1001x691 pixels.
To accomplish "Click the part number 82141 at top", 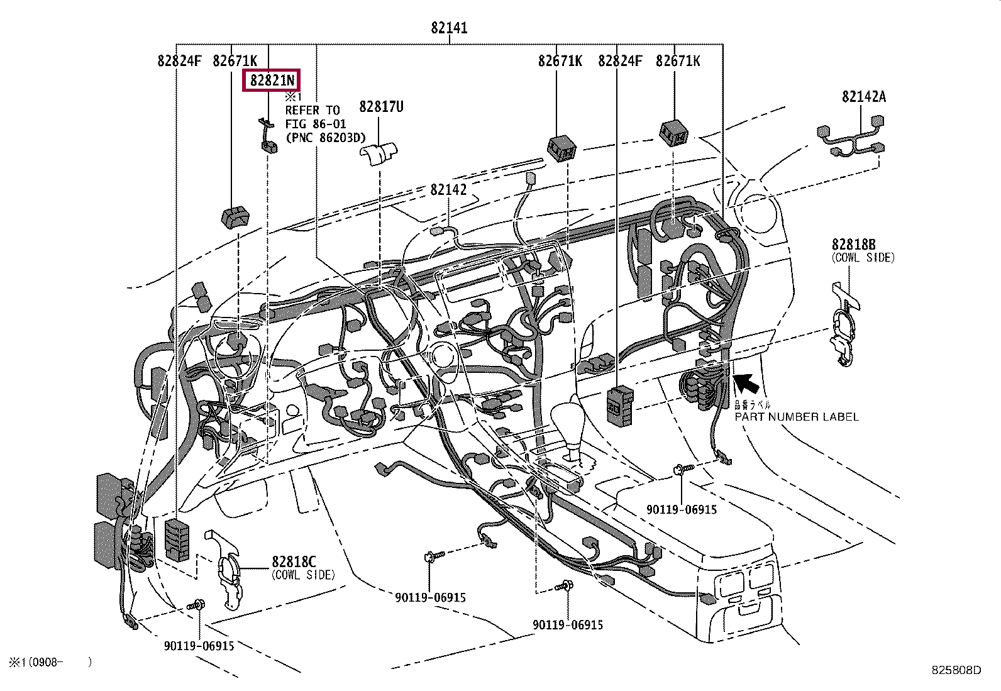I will click(449, 28).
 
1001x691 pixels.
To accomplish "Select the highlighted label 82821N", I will click(272, 80).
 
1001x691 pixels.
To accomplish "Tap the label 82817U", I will click(381, 107).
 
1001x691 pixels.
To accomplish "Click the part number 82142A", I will click(864, 96).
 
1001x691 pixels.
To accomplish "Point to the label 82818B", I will click(853, 244).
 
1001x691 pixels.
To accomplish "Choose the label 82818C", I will click(294, 561).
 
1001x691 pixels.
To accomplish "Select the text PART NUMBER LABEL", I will click(796, 417).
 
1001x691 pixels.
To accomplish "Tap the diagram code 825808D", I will click(956, 670).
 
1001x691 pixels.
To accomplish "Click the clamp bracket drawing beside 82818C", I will click(228, 569).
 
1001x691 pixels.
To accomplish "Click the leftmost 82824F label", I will click(179, 61).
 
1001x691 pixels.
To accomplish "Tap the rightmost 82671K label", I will click(677, 61).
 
